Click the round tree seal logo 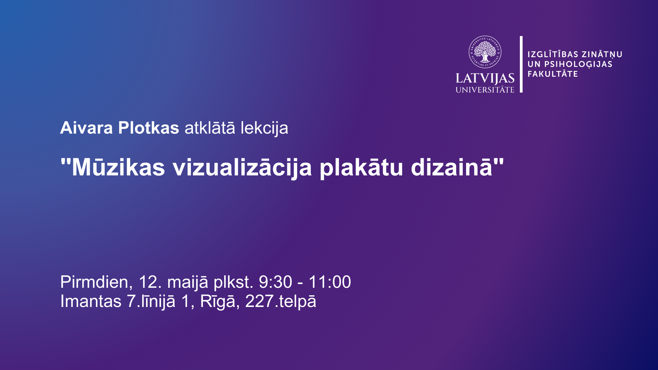click(x=485, y=52)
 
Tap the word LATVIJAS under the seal click(x=485, y=78)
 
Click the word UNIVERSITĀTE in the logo click(x=485, y=90)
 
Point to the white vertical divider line click(x=521, y=64)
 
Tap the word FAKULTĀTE click(x=553, y=74)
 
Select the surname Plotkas click(x=148, y=128)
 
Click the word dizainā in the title click(x=452, y=167)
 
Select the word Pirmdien click(x=94, y=282)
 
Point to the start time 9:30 click(x=276, y=282)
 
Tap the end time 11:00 click(x=330, y=282)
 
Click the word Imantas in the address click(x=91, y=301)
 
